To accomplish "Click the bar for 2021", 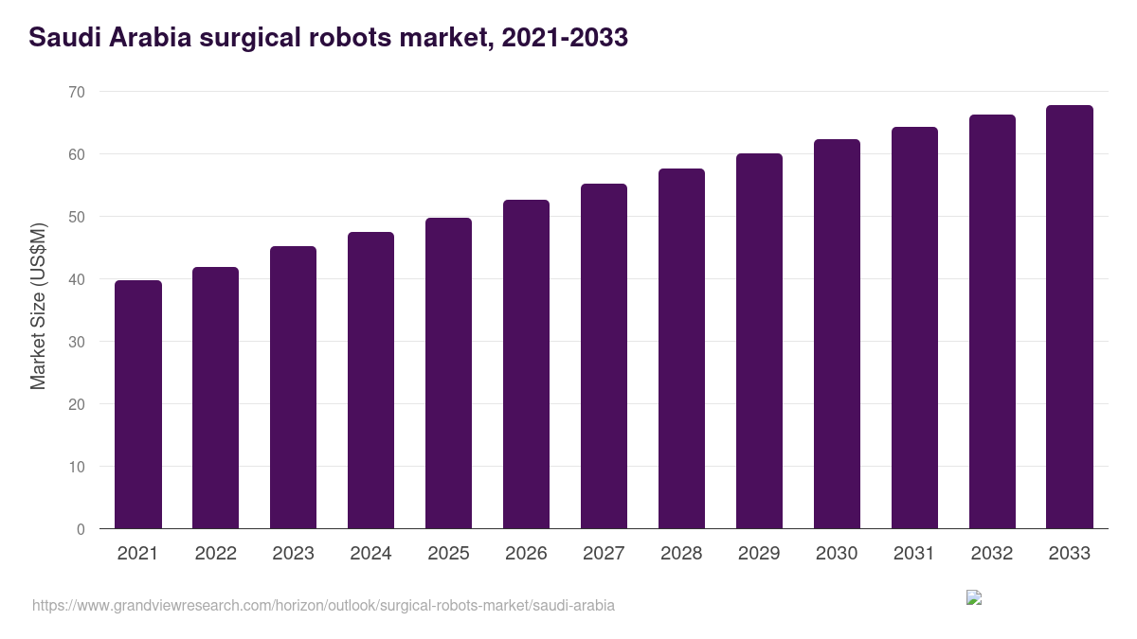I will coord(138,404).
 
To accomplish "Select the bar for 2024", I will coord(370,381).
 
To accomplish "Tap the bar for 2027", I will coord(604,356).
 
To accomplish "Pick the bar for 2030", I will coord(837,334).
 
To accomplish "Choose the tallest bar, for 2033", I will coord(1070,317).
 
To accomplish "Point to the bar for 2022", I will coord(216,398).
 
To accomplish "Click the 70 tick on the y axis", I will coord(76,92).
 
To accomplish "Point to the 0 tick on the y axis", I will coord(81,529).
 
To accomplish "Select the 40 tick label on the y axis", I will coord(76,279).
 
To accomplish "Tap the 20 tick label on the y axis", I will coord(76,404).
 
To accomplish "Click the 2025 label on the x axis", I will coord(448,554).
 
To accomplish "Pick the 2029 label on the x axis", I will coord(759,554).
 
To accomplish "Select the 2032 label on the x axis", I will coord(992,554).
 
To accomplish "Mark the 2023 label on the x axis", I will coord(293,554).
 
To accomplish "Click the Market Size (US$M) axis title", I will coord(38,305).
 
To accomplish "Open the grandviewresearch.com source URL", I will coord(323,605).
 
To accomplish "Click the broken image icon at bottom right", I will coord(974,597).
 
